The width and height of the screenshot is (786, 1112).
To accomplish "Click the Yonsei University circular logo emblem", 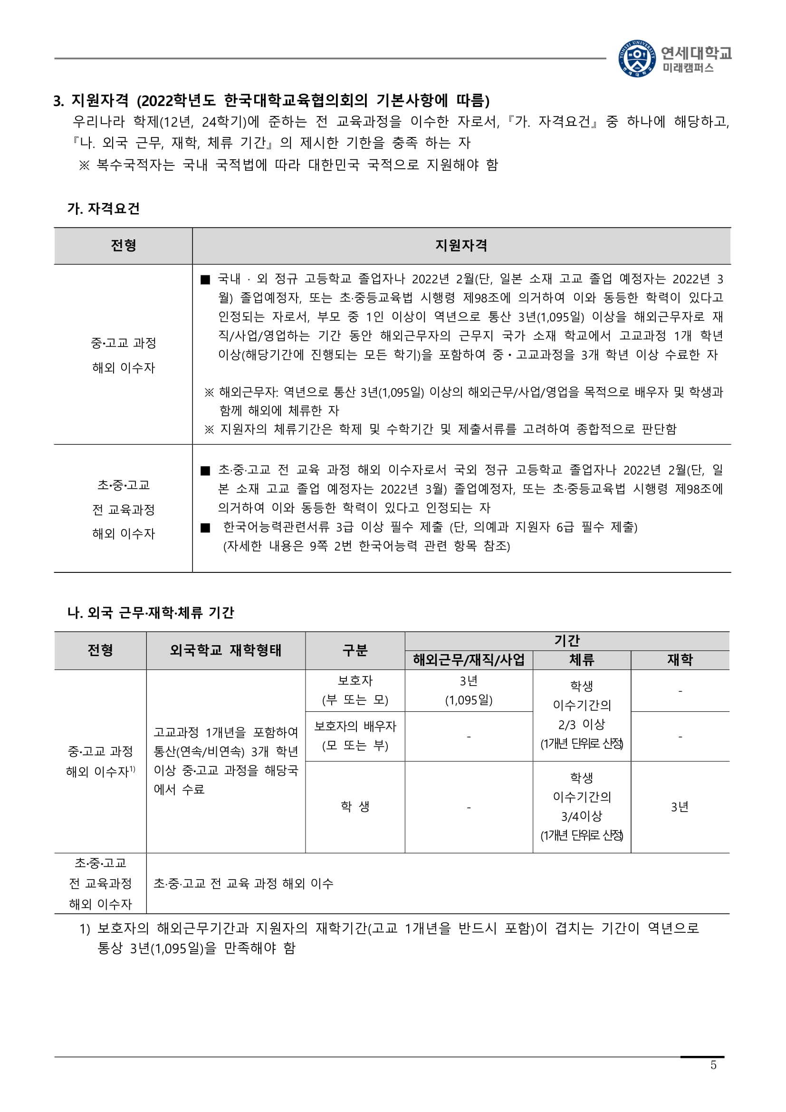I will (637, 58).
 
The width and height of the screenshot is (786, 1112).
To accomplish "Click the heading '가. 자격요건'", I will (104, 209).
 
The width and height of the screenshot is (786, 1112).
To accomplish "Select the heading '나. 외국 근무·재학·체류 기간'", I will (151, 613).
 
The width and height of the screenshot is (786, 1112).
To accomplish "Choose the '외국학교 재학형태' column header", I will (226, 650).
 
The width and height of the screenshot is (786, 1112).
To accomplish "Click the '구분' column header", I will (355, 650).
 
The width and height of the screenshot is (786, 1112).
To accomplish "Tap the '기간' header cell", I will (567, 641).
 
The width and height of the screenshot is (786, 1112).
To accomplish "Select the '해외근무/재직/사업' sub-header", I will (469, 660).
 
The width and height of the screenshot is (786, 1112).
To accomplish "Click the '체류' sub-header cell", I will (581, 660).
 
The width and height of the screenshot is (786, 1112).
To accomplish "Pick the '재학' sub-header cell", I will (680, 660).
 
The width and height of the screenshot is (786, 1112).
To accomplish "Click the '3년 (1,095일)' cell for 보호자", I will (469, 690).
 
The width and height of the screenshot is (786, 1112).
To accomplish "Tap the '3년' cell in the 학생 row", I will (680, 806).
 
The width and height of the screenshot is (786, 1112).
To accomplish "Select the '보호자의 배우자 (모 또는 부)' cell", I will (355, 735).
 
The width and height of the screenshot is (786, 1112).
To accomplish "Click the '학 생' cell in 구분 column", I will (355, 806).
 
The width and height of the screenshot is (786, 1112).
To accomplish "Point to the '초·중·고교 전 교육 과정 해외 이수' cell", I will (243, 883).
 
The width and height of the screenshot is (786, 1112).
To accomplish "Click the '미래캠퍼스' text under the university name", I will (688, 68).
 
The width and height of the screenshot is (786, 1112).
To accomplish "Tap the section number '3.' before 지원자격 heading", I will (59, 101).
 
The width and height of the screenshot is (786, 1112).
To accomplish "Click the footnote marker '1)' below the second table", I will (85, 928).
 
